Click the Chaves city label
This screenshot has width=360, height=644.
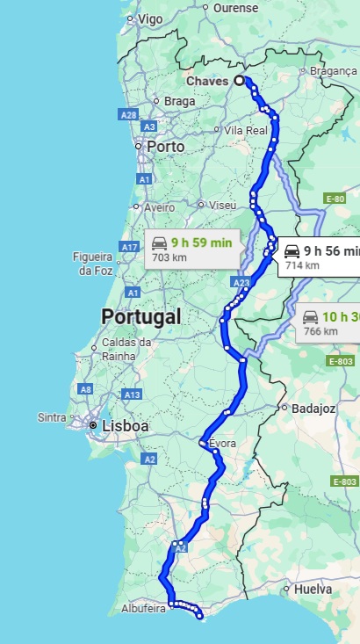click(206, 81)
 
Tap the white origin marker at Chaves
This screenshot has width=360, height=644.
click(239, 80)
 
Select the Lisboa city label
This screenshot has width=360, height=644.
click(125, 426)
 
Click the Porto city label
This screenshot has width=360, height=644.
click(165, 147)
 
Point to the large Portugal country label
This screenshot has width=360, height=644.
click(140, 316)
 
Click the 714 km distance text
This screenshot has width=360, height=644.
click(301, 264)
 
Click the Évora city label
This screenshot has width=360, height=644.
click(222, 445)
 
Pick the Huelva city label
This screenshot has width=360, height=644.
click(313, 590)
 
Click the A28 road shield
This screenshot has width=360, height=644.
click(128, 114)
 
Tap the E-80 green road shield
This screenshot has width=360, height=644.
click(335, 199)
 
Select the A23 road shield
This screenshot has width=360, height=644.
click(242, 282)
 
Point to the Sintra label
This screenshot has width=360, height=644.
click(52, 417)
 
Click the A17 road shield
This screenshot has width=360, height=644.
click(129, 247)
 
